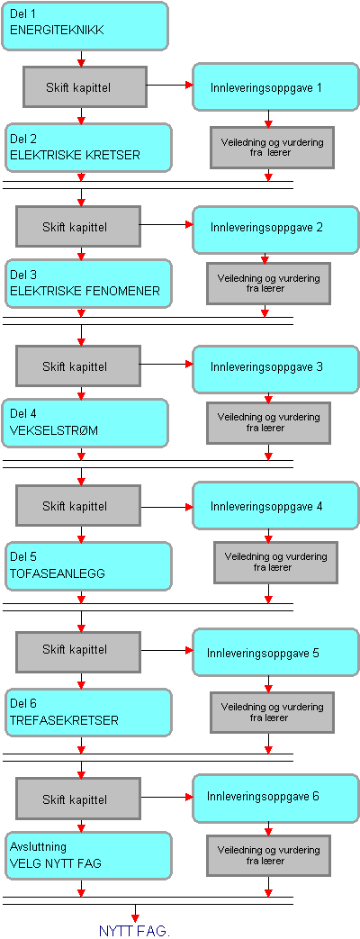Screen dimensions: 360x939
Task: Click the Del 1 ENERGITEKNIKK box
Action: click(85, 26)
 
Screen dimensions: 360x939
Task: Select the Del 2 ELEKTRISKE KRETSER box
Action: click(87, 147)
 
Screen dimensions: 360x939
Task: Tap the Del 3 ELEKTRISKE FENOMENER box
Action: click(87, 283)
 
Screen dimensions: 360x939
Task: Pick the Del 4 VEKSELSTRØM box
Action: click(85, 423)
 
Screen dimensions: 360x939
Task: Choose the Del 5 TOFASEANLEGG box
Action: click(88, 565)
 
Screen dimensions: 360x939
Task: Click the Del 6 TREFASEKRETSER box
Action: click(88, 713)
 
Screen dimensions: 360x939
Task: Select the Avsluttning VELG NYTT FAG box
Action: click(88, 854)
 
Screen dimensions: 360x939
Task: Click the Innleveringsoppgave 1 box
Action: click(275, 86)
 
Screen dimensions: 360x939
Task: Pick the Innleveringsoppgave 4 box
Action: click(275, 507)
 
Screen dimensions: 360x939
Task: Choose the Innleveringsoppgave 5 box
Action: click(275, 652)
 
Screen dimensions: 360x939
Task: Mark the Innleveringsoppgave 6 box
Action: click(275, 798)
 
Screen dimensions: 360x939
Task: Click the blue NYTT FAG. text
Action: click(134, 931)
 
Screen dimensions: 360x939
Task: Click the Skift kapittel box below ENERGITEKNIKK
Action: click(85, 87)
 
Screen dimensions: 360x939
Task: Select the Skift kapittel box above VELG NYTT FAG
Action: click(78, 799)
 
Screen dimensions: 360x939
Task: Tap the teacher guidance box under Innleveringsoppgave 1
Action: click(272, 148)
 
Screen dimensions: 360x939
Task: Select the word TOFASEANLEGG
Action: click(58, 573)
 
